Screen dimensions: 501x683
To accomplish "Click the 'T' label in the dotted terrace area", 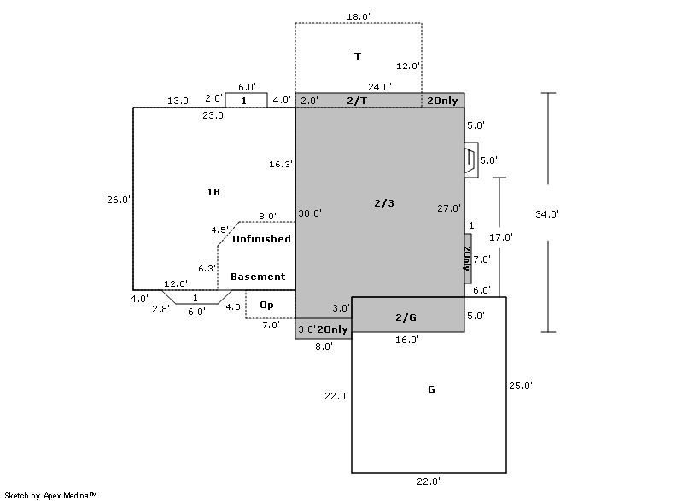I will pos(358,56).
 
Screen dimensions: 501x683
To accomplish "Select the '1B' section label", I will pos(213,192).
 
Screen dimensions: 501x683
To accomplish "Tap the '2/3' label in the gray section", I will pos(384,203).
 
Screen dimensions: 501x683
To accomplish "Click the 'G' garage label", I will pos(431,390).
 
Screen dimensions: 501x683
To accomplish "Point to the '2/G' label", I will pos(406,317).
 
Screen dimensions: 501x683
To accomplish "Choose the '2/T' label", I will pos(357,101).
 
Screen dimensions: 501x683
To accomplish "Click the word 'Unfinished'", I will pos(261,239).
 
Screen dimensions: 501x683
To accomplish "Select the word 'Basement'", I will pos(258,277).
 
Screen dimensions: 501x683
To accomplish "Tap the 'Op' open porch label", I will pos(266,305).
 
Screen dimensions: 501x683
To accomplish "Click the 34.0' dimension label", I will pos(547,214).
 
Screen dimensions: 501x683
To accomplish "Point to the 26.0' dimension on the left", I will pos(119,200).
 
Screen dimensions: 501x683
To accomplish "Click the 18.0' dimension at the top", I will pos(358,16).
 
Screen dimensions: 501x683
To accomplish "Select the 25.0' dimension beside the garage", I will pos(520,386).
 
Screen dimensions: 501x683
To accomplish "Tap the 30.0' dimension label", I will pos(310,213).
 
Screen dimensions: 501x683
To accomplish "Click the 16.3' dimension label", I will pos(281,164).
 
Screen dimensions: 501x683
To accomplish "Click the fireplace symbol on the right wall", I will pos(470,160).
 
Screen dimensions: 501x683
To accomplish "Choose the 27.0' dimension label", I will pos(449,208).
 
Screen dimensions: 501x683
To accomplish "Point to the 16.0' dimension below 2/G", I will pos(407,340).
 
